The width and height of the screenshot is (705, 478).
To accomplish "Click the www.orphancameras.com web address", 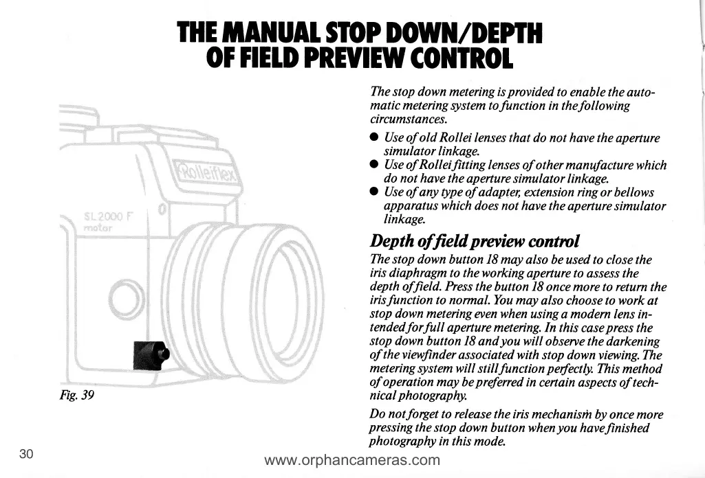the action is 352,459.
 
